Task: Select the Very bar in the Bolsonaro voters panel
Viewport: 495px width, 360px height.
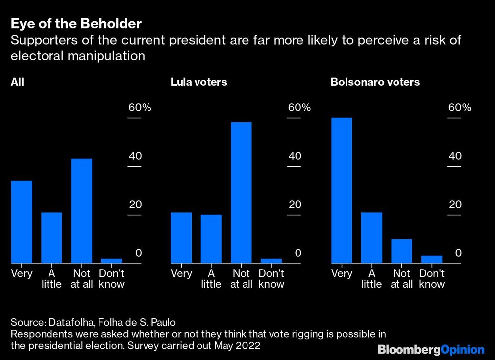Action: pyautogui.click(x=341, y=190)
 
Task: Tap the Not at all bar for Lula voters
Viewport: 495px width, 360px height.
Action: pyautogui.click(x=241, y=192)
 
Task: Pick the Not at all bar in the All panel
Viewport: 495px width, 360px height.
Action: pyautogui.click(x=81, y=211)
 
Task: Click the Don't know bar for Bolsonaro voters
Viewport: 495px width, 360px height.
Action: pyautogui.click(x=431, y=259)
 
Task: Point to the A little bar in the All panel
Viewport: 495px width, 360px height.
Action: pyautogui.click(x=51, y=237)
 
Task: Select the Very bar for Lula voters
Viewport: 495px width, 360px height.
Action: pyautogui.click(x=181, y=237)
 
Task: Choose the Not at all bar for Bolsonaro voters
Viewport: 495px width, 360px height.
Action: pyautogui.click(x=401, y=251)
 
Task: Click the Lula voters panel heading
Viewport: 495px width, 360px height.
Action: pyautogui.click(x=198, y=82)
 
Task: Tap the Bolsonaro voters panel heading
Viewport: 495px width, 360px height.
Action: pyautogui.click(x=375, y=82)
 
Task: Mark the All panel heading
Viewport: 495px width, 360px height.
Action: pyautogui.click(x=17, y=82)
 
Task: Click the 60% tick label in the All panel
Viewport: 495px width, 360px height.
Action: pyautogui.click(x=140, y=108)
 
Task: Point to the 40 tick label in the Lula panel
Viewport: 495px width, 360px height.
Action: pyautogui.click(x=295, y=156)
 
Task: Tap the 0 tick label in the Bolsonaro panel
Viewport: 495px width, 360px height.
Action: pyautogui.click(x=458, y=253)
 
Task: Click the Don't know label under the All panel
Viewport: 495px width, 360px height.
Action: pyautogui.click(x=111, y=279)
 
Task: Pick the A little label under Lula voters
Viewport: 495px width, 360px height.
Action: pyautogui.click(x=211, y=279)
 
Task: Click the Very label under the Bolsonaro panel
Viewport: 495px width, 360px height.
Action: pyautogui.click(x=341, y=274)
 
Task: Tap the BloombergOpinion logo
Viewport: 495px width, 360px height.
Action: pyautogui.click(x=431, y=350)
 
